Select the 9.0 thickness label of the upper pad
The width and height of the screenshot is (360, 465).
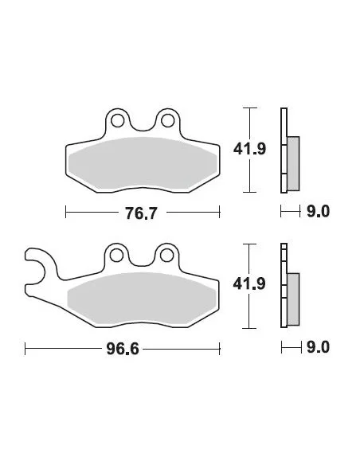click(x=318, y=212)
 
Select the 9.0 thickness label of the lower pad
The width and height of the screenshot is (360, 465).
click(x=318, y=348)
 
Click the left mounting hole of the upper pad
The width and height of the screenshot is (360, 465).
click(x=118, y=121)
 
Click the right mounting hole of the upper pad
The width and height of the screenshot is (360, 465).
click(x=167, y=121)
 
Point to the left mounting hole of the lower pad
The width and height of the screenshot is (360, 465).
click(x=118, y=257)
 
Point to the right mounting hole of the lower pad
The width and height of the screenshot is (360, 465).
click(x=167, y=257)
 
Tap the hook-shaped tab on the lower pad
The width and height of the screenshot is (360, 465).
click(x=36, y=268)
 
